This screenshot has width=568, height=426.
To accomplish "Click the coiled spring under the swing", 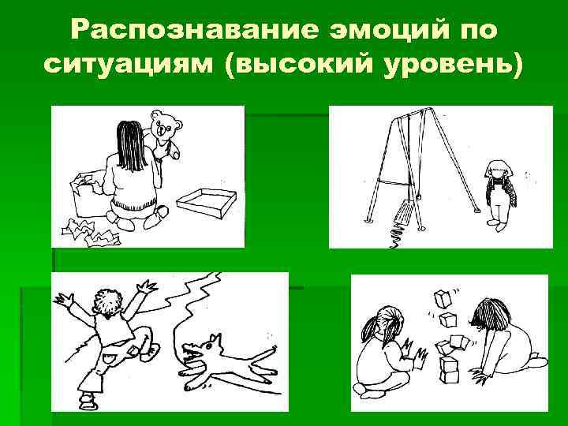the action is point(397,234).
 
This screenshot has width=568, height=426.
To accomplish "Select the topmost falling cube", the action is point(443,299).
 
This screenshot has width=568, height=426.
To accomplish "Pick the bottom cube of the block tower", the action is point(449,376).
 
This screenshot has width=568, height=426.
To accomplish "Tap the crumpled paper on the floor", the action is point(92,232).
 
